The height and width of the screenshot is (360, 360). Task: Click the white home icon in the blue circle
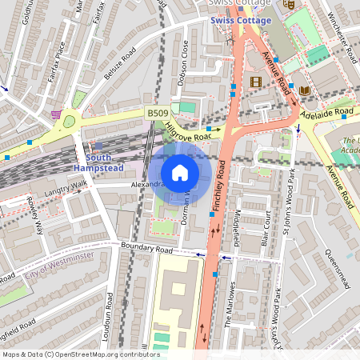point(180,172)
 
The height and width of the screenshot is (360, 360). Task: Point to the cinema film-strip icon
point(255,81)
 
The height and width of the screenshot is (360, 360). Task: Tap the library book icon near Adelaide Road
point(305,90)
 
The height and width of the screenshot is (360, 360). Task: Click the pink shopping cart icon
point(54,114)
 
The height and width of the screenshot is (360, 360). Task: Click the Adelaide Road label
point(327,111)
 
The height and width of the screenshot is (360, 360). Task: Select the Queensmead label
point(337,272)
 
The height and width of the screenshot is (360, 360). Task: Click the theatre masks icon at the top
point(289,3)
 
